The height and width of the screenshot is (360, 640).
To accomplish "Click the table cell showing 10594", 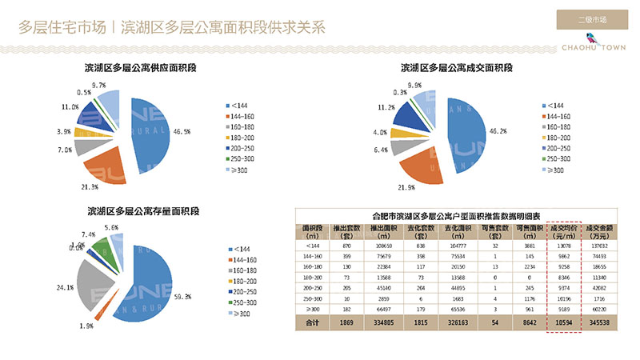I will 563,322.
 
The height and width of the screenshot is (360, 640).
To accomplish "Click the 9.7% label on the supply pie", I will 99,85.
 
